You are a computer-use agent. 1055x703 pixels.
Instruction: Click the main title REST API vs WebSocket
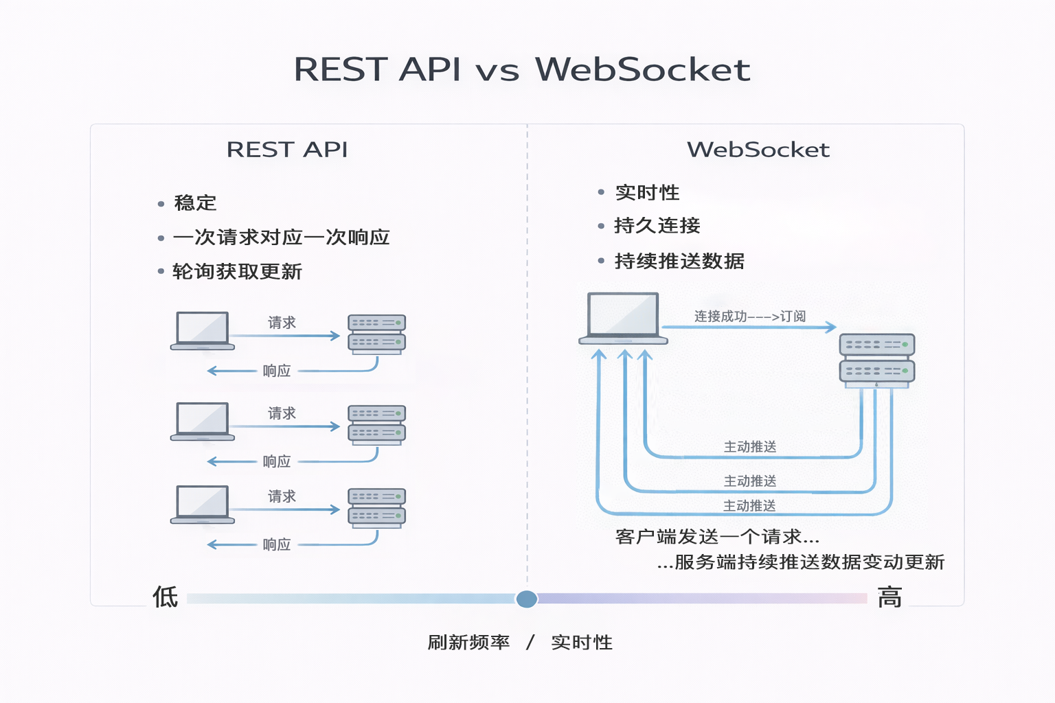tap(522, 69)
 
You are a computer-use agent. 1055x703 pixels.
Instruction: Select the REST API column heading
tap(287, 150)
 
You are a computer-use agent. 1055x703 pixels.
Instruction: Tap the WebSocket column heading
tap(758, 150)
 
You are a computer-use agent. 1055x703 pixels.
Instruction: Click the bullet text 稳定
tap(195, 203)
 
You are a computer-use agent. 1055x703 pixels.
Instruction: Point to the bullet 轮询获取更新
tap(237, 272)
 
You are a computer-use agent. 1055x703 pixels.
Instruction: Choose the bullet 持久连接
tap(657, 226)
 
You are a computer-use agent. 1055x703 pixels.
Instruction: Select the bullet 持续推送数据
tap(679, 262)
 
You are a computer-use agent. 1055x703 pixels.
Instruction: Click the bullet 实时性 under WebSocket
tap(647, 193)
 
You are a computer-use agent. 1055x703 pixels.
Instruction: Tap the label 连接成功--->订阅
tap(749, 316)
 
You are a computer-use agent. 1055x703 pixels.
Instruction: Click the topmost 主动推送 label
tap(750, 447)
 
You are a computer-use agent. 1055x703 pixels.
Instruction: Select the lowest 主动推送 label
tap(749, 506)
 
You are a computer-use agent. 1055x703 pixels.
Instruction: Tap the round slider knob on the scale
tap(527, 599)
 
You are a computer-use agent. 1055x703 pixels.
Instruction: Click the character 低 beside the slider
tap(165, 597)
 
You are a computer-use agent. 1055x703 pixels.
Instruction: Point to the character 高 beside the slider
tap(889, 597)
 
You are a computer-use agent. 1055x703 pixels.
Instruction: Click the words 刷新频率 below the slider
tap(468, 643)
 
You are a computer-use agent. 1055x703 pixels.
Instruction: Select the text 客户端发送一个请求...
tap(716, 537)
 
